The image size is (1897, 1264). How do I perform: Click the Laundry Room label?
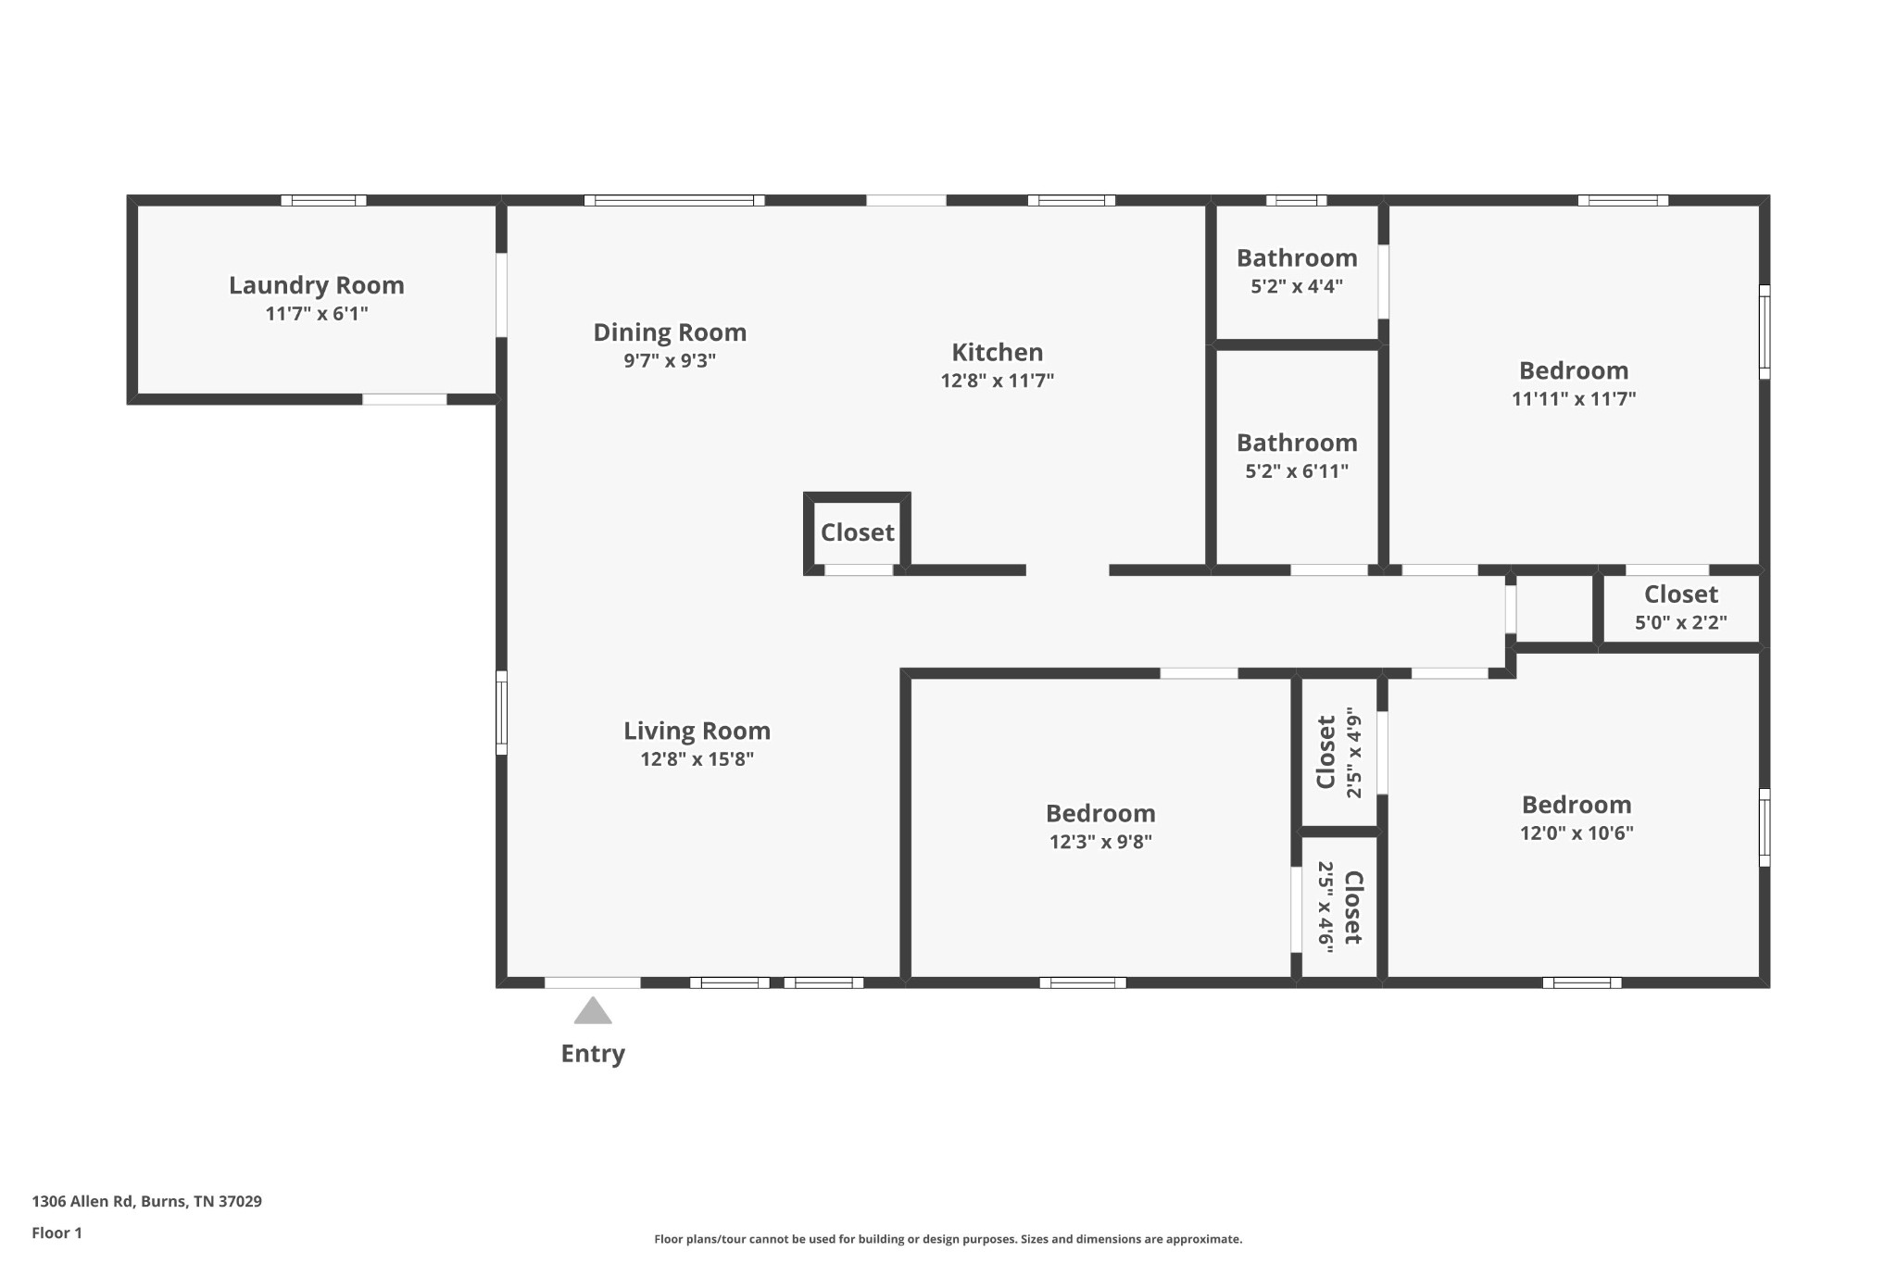point(317,285)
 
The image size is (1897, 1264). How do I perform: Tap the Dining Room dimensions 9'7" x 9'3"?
point(670,360)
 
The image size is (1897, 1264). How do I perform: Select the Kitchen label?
point(998,352)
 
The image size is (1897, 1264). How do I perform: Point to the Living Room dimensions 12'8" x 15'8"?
point(697,759)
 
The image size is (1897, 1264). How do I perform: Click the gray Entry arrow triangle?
point(593,1011)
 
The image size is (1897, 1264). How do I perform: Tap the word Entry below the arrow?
point(593,1054)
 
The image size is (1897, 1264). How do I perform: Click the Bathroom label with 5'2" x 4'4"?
point(1297,257)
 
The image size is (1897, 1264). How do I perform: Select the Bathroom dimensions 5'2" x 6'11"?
point(1297,470)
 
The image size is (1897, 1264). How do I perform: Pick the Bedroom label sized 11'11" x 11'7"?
point(1574,370)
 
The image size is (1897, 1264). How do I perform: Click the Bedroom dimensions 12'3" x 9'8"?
point(1100,842)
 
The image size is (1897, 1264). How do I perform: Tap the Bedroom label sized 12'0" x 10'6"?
point(1577,805)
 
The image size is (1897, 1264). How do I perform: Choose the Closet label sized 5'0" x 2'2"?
point(1681,594)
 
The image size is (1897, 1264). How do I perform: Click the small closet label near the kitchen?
point(858,532)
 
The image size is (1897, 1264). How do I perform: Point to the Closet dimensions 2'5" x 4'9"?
point(1354,753)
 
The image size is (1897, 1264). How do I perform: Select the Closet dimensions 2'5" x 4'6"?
point(1326,907)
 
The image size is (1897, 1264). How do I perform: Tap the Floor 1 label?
point(57,1233)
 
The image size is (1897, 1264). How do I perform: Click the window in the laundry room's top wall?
point(323,200)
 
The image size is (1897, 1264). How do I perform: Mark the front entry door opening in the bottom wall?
point(592,982)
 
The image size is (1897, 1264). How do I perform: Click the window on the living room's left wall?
point(501,712)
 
